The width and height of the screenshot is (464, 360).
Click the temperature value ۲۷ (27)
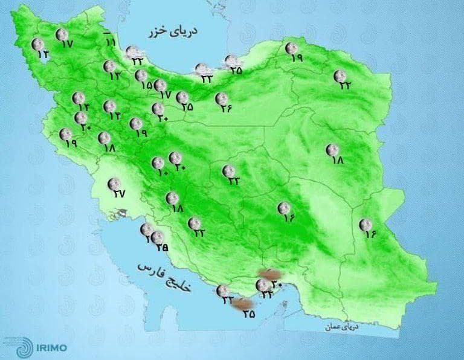click(x=118, y=194)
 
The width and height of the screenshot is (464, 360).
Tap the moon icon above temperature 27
click(x=112, y=183)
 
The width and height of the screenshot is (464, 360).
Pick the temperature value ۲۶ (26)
click(x=226, y=109)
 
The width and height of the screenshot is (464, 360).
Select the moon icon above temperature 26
click(x=221, y=98)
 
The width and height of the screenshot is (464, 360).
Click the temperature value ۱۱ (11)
click(x=111, y=42)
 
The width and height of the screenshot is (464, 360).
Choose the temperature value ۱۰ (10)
click(x=163, y=173)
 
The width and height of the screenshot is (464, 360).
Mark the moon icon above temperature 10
click(x=157, y=162)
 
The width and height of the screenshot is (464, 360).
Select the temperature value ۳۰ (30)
click(x=277, y=284)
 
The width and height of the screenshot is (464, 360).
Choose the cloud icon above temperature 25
click(x=231, y=60)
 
